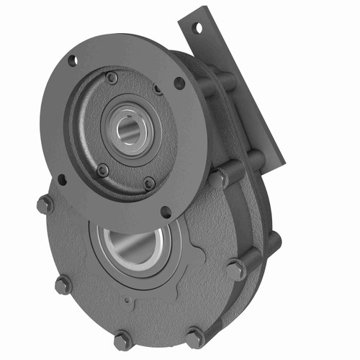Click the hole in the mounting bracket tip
pos(196,27)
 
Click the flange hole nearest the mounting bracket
pos(179,82)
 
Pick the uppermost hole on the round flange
pos(73,60)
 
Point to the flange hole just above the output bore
pos(166,212)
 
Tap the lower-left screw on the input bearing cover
pos(103,170)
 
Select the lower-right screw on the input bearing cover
pos(149,183)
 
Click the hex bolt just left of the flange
pos(45,204)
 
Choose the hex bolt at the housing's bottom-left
pos(63,285)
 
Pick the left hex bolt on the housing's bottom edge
pos(123,339)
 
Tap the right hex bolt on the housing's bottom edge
pos(194,337)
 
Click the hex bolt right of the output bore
pos(235,270)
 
